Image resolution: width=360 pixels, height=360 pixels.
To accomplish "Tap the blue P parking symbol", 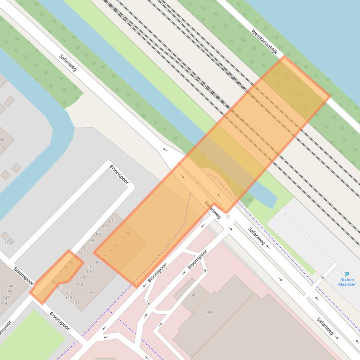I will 347,274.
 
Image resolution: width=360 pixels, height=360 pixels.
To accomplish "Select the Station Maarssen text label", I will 347,282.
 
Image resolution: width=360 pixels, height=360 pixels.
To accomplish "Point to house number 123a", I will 9,242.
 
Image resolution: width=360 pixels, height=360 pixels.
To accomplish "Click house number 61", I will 111,221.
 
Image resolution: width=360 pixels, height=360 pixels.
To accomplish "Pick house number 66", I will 98,233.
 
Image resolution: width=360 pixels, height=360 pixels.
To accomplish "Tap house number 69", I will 92,241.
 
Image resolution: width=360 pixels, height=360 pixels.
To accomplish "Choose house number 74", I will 80,253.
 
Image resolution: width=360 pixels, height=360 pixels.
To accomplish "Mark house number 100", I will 97,262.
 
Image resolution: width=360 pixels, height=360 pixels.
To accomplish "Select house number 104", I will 88,272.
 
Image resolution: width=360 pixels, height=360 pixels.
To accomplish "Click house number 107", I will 83,278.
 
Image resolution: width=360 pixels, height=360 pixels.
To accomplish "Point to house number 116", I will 90,293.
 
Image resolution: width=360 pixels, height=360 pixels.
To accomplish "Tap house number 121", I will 76,302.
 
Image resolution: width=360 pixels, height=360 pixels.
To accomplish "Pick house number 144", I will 10,286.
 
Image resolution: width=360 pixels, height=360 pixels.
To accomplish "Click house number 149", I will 3,303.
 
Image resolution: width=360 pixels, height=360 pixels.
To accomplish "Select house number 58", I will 2,139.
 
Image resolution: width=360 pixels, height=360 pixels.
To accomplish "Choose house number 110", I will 79,284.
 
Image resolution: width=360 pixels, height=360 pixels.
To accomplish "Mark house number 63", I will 106,226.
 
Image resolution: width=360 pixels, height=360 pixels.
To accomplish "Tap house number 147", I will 6,297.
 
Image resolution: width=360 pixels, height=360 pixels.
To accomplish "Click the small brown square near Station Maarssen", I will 323,278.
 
